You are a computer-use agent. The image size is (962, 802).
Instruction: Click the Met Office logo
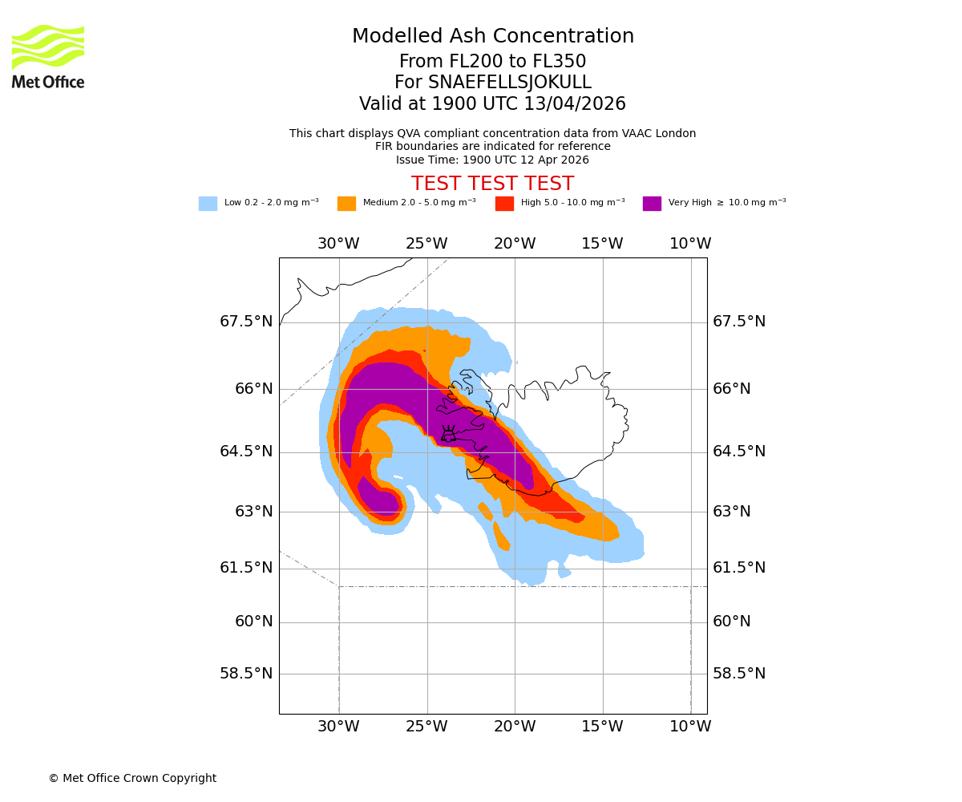point(48,56)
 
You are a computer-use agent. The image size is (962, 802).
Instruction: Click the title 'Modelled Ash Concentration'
point(492,37)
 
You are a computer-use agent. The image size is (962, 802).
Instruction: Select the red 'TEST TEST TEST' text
point(492,184)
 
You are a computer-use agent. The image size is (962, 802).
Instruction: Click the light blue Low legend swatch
point(208,204)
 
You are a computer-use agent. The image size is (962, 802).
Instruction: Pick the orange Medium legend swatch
point(346,204)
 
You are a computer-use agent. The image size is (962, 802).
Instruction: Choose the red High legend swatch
point(504,204)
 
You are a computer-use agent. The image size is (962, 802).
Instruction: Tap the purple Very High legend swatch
point(652,204)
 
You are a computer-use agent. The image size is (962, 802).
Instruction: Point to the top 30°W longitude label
point(338,244)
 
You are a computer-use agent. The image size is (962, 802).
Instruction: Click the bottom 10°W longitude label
point(690,727)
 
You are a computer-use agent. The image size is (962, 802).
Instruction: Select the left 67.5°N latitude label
point(246,322)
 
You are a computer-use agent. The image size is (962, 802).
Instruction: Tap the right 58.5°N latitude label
point(739,674)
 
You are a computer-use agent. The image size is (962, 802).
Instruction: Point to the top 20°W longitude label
point(515,244)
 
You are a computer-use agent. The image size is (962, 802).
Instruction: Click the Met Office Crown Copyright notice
point(132,779)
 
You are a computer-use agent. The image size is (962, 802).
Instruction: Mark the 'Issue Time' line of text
point(492,160)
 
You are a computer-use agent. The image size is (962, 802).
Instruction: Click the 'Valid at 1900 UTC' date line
point(492,104)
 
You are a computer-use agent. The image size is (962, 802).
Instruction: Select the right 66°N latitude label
point(732,389)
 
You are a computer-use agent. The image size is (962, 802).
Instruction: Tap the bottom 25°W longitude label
point(426,727)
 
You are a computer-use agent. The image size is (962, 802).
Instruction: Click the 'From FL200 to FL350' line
point(492,62)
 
